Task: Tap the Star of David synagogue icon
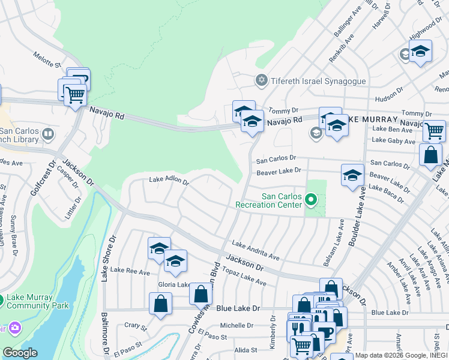[261, 80]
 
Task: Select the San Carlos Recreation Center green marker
[310, 199]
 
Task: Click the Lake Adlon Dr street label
[169, 181]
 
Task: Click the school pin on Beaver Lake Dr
[352, 175]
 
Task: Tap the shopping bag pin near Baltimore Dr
[160, 303]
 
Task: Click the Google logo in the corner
[19, 353]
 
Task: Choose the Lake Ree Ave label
[130, 272]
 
